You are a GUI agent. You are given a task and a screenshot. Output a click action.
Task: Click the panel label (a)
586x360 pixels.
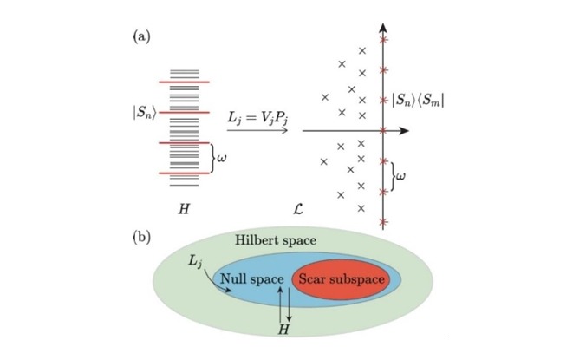(141, 37)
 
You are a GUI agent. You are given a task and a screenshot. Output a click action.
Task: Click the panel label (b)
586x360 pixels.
(142, 238)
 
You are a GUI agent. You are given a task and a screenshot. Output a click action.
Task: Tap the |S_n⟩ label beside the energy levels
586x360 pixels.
(144, 113)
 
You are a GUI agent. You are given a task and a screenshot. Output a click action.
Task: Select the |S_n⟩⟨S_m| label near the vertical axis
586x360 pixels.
(418, 101)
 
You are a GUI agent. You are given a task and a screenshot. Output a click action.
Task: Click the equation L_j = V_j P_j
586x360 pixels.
(257, 117)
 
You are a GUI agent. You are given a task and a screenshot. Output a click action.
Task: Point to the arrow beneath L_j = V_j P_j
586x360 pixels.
(257, 130)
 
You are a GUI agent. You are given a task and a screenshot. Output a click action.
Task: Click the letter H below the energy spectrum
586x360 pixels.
(184, 209)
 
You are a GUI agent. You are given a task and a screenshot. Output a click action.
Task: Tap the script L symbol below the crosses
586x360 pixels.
(298, 209)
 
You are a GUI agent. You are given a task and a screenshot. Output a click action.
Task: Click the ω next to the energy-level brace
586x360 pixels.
(221, 159)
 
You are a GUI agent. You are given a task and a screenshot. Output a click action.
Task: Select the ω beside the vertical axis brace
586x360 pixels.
(400, 176)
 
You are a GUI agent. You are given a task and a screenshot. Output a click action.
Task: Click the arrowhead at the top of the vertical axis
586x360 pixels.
(383, 28)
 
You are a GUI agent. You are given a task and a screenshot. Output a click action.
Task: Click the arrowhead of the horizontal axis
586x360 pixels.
(404, 131)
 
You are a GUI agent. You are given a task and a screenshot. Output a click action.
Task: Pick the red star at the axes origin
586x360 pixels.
(383, 130)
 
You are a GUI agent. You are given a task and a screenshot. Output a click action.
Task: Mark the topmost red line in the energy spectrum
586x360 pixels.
(185, 82)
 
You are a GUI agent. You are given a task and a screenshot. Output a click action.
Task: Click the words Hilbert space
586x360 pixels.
(276, 240)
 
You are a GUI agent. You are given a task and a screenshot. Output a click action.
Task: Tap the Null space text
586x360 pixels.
(252, 279)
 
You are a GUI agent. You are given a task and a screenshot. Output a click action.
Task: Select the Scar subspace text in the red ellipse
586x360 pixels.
(342, 279)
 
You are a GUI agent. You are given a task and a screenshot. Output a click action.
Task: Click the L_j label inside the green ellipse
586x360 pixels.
(195, 261)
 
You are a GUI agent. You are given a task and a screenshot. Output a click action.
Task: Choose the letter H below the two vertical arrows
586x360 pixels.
(284, 330)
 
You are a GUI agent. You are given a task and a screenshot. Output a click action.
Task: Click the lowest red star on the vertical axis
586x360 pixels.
(383, 223)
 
